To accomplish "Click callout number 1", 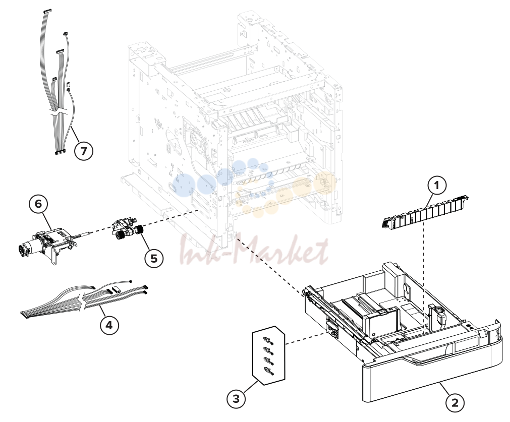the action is coord(436,186).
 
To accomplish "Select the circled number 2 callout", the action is coord(455,403).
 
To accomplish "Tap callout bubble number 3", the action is coord(236,398).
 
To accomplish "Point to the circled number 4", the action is coord(109,325).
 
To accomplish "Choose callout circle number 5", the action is coord(154,259).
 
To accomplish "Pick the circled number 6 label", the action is coord(38,204).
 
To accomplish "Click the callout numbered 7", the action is coord(84,151).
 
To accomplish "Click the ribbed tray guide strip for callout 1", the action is coord(424,212).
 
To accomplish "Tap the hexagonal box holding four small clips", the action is coord(269,355).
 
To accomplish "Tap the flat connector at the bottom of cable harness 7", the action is coord(61,152).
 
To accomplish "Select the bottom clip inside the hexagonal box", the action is coord(269,370).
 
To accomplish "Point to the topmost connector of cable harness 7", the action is coord(47,11).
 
